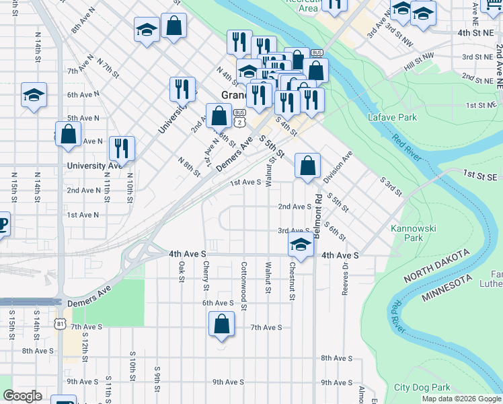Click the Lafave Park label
tap(389, 117)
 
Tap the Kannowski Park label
tap(414, 233)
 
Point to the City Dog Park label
tap(422, 387)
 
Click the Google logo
tap(22, 396)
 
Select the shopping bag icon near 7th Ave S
tap(221, 325)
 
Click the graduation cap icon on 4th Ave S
tap(301, 245)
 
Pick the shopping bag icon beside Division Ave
tap(307, 166)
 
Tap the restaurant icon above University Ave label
tap(122, 147)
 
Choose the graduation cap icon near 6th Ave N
tap(34, 96)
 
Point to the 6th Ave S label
tap(218, 303)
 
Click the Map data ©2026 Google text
tap(461, 399)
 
